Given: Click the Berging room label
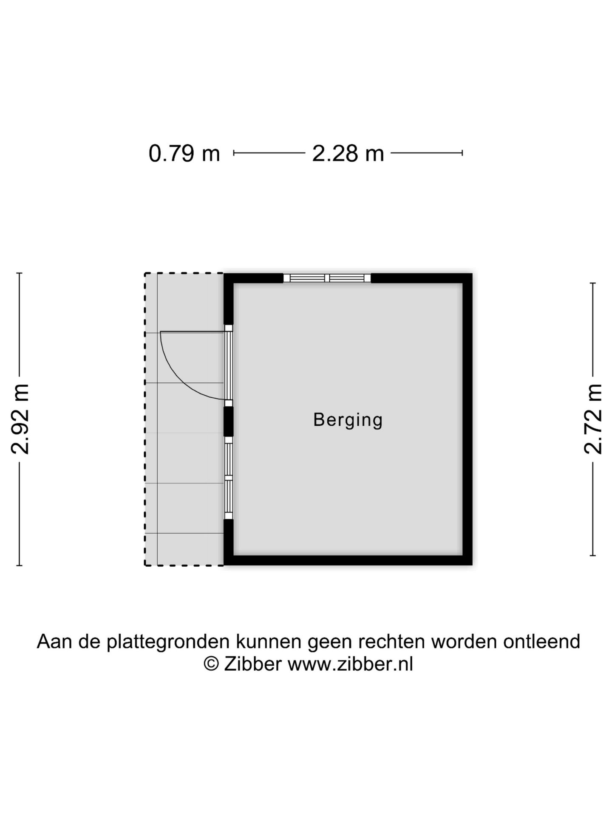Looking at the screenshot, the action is pos(348,420).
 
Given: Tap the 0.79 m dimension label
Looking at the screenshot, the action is pos(184,153).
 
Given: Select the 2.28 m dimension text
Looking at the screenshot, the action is pos(348,153).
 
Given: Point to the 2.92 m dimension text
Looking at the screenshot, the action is pos(20,419).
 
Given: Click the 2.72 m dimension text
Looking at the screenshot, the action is pos(593,419).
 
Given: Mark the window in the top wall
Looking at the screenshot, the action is pos(327,278).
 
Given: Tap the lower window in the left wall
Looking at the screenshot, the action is pos(229,478).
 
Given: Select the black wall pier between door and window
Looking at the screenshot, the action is pos(229,421).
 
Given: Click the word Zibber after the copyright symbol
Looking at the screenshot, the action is pos(252,664).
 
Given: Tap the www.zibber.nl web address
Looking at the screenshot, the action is pos(350,664).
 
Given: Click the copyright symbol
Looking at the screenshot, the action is pos(211,664).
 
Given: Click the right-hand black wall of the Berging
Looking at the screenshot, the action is pos(467,419).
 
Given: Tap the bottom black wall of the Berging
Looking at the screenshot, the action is pos(348,560).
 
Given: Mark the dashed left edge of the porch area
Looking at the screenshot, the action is pos(145,419).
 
